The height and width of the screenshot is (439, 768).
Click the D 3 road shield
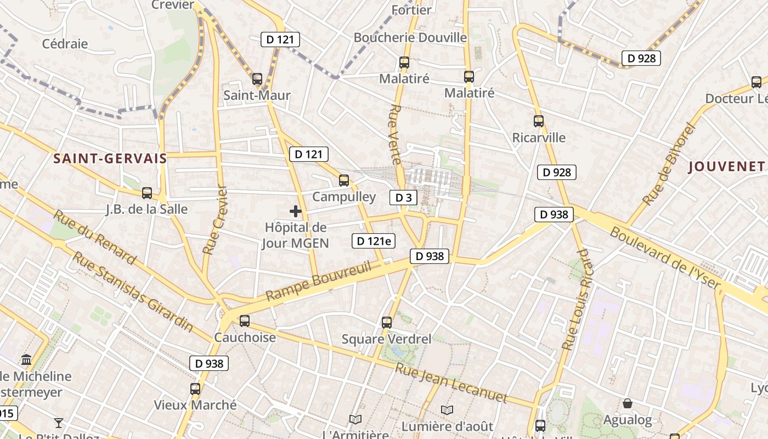(x=403, y=198)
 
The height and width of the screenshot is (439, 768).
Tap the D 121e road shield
(x=374, y=240)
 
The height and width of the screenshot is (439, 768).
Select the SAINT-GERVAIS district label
(x=110, y=159)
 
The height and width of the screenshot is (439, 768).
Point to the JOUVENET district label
(x=726, y=167)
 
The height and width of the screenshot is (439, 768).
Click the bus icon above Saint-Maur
(x=257, y=79)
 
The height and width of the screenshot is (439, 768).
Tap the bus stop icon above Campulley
(x=344, y=180)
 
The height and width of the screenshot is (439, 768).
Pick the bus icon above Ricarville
(x=539, y=121)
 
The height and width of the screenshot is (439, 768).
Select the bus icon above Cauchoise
(x=245, y=321)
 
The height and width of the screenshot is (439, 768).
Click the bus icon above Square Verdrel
(x=387, y=322)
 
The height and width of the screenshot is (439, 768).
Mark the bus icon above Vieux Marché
(x=195, y=389)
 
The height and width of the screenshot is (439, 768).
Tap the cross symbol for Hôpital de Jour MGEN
(x=296, y=211)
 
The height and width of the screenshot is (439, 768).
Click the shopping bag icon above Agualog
(x=628, y=404)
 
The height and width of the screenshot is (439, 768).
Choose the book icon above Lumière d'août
(x=447, y=410)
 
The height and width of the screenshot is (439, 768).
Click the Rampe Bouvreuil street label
(x=319, y=282)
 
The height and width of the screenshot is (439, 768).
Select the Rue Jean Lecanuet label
(x=451, y=382)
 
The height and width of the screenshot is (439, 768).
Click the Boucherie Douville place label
(x=410, y=38)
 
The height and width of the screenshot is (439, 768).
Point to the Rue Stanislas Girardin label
(x=133, y=291)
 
